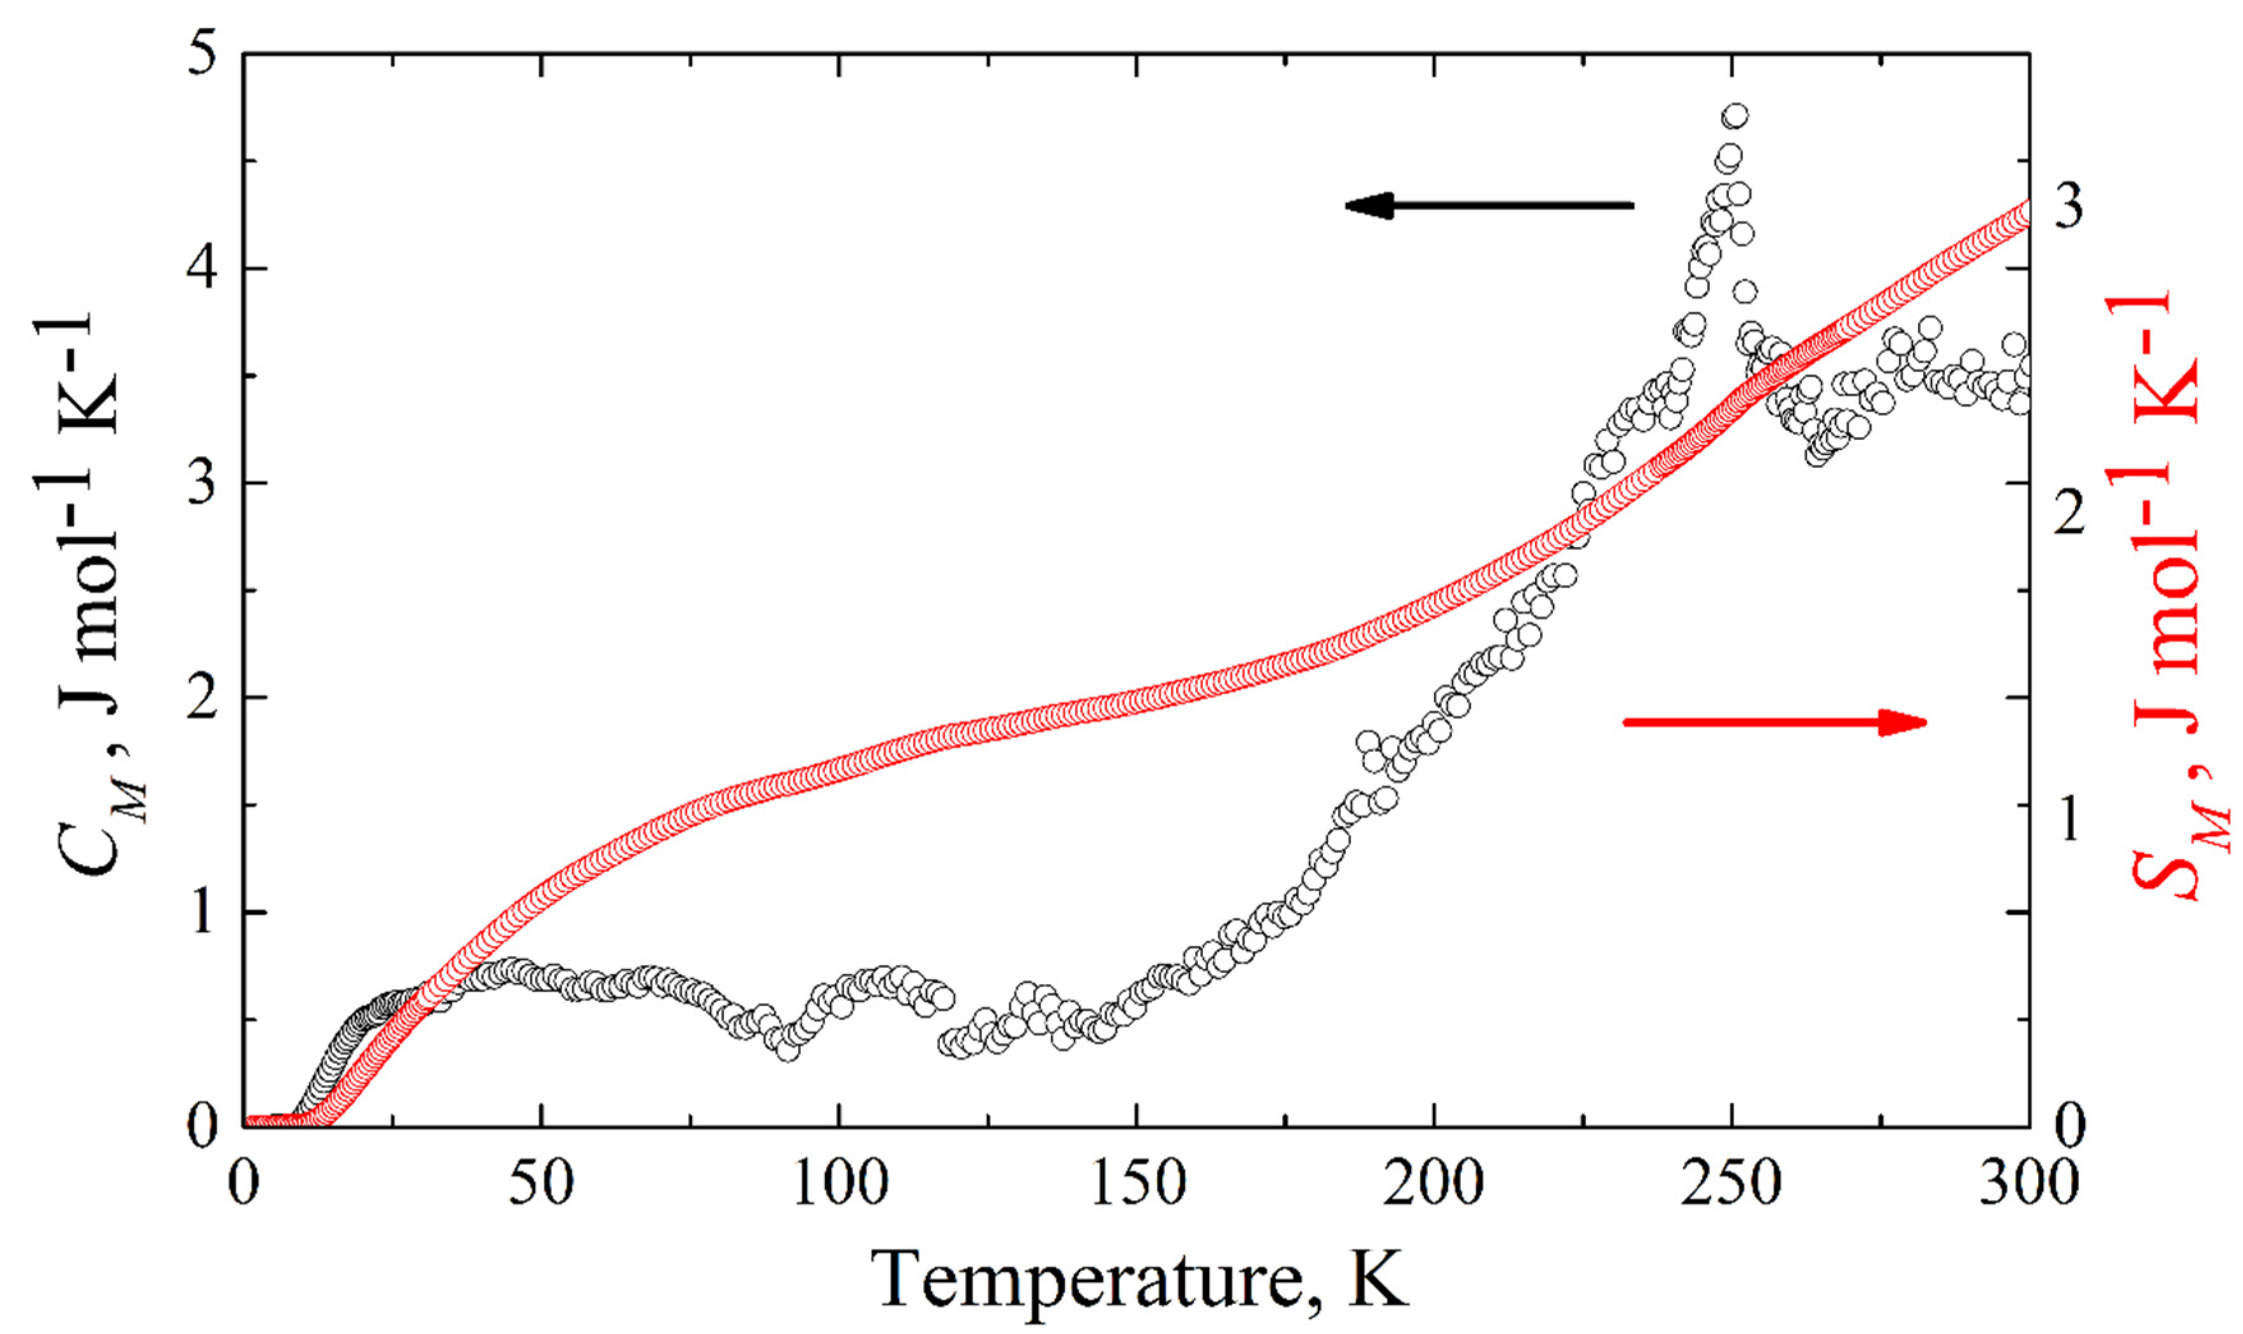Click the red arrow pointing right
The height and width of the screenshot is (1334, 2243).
coord(1774,722)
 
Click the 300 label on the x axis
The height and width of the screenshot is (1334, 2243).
coord(2028,1184)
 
